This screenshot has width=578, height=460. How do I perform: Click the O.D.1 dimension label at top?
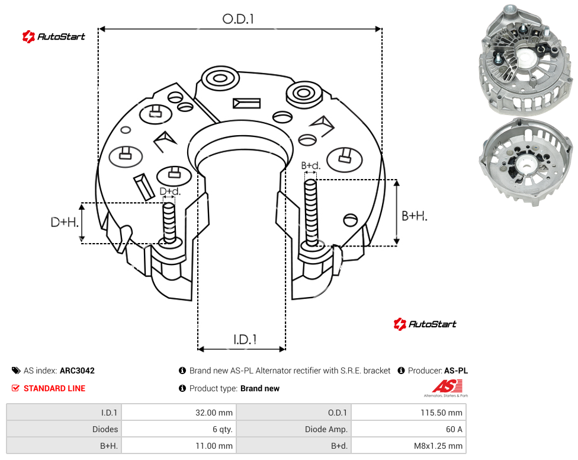[238, 19]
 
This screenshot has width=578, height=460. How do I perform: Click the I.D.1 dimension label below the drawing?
[245, 340]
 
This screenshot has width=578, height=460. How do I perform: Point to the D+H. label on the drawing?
[65, 222]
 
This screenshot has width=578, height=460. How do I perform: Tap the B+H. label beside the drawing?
[415, 216]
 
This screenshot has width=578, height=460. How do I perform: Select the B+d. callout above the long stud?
[311, 165]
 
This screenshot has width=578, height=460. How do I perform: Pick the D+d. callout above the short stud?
[170, 191]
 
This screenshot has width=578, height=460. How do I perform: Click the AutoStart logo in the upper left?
[53, 37]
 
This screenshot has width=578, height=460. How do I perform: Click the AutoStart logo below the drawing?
[425, 324]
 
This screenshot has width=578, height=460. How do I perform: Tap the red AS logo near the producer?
[447, 388]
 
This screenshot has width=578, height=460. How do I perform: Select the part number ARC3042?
[77, 370]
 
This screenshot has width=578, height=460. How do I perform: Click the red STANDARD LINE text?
[54, 388]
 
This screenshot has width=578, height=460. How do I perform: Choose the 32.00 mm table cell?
[179, 413]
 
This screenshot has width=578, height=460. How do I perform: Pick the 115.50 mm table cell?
[409, 413]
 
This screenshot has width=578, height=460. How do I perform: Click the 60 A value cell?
[409, 429]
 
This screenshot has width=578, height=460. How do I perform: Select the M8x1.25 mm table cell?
[409, 446]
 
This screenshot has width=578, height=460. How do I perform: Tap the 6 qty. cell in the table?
[179, 429]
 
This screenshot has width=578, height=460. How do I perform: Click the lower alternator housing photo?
[526, 162]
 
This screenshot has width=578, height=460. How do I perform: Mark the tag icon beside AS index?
[16, 370]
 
